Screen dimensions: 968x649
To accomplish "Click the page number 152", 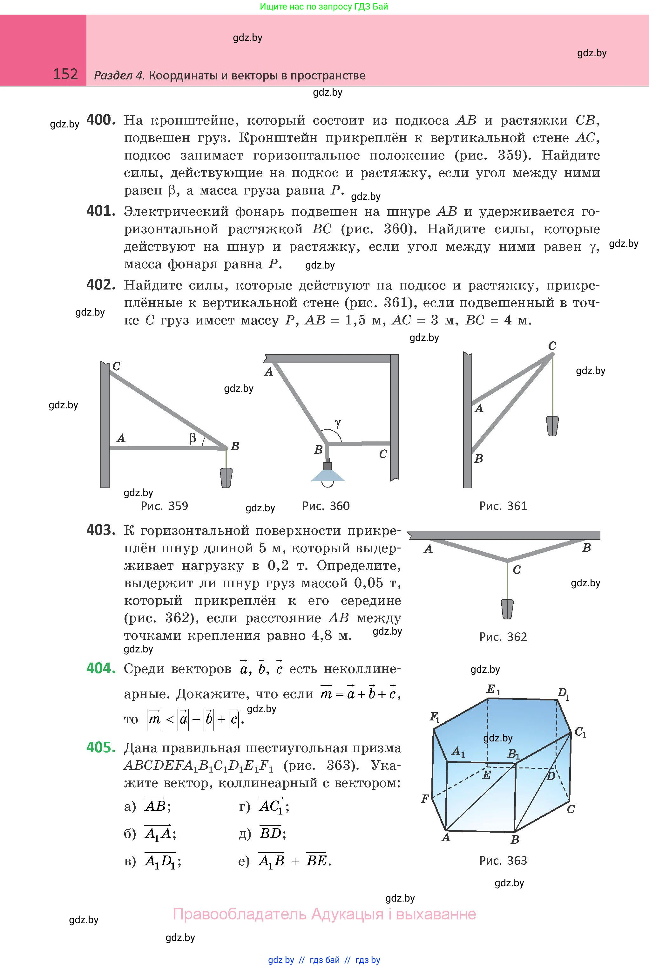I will click(65, 74).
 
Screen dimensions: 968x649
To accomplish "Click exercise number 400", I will click(101, 120).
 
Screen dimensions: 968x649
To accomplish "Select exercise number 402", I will click(101, 285).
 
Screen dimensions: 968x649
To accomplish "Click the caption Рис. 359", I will click(164, 506).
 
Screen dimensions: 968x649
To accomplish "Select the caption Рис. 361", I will click(503, 506).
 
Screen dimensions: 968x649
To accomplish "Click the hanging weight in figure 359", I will click(226, 478).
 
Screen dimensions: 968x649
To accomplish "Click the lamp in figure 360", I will click(328, 474).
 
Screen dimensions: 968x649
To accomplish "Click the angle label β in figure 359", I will click(193, 439).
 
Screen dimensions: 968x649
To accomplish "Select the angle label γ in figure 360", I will click(338, 423).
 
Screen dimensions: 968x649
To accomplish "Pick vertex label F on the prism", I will click(425, 798).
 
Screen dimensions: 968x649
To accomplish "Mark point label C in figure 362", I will click(517, 570).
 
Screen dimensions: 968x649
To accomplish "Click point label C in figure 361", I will click(552, 346).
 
